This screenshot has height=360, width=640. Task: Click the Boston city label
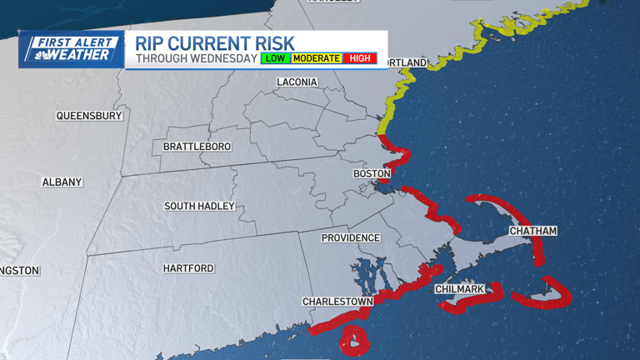coord(372,173)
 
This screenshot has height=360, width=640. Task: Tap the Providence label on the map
coord(351,237)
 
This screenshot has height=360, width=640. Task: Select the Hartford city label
coord(188,268)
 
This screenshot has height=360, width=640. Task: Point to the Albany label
coord(62,182)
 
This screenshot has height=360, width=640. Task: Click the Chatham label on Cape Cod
coord(532,230)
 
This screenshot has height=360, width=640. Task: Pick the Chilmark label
coord(460,289)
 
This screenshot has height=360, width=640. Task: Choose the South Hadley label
coord(199,206)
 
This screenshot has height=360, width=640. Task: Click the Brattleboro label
coord(197,147)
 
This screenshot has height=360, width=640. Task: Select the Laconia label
coord(297,82)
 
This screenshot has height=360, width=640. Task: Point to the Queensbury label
coord(88,116)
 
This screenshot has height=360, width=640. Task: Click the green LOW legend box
coord(275,58)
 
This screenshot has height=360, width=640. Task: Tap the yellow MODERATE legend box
coord(317,58)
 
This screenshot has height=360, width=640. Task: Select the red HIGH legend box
coord(360,58)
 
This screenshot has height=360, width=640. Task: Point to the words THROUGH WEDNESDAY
coord(196,58)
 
